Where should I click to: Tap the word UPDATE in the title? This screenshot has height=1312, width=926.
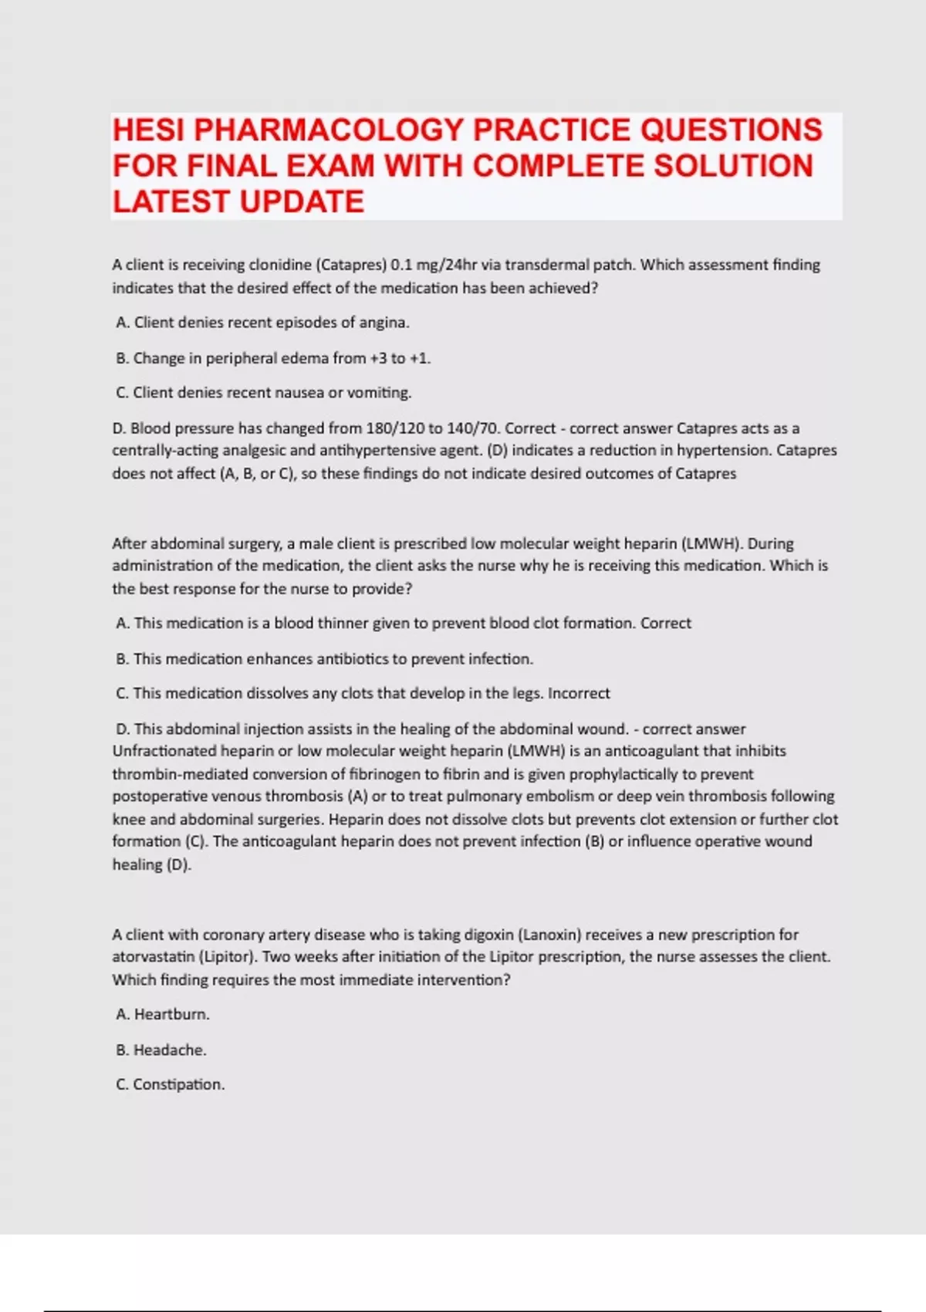click(302, 202)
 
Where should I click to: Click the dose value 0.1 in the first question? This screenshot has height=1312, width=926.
click(401, 265)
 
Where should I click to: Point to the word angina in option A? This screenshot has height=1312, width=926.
click(384, 323)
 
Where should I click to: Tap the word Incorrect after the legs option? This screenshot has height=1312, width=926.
click(579, 693)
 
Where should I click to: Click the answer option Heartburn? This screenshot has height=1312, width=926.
click(171, 1015)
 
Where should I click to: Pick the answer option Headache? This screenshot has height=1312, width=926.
click(170, 1050)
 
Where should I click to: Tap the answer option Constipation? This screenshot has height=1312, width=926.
click(178, 1085)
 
